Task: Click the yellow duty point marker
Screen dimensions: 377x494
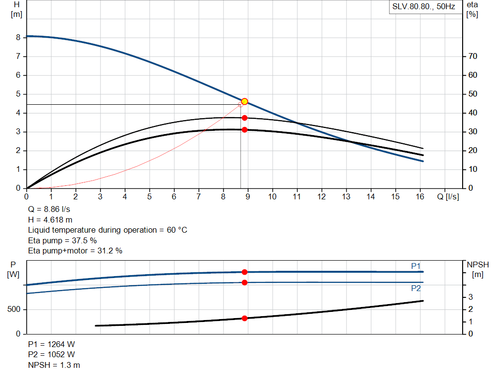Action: point(245,101)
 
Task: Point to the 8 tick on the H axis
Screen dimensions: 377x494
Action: point(18,37)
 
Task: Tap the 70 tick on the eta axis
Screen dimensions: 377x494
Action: point(473,56)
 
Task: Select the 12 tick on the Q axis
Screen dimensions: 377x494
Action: point(321,197)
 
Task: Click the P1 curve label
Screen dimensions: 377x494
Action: point(415,266)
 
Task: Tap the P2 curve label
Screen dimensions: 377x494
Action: point(415,288)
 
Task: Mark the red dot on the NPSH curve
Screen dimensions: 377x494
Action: point(245,318)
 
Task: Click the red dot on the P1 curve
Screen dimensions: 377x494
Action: point(245,272)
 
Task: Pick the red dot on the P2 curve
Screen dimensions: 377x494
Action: point(245,282)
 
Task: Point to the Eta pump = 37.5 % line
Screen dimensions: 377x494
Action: point(62,240)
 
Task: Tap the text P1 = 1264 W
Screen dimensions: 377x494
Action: point(52,344)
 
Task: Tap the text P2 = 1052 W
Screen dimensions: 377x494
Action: point(52,354)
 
